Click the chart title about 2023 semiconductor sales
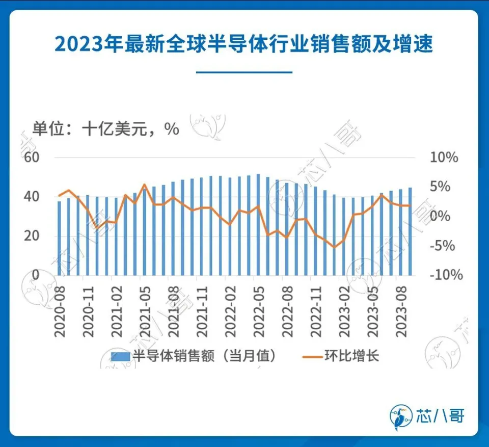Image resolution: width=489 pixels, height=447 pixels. click(244, 44)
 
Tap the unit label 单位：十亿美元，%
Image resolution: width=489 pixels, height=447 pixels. click(106, 128)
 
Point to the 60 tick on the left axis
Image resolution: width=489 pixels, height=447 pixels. click(32, 157)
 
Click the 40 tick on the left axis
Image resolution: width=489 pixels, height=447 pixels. click(32, 197)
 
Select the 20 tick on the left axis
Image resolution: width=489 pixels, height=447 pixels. click(32, 236)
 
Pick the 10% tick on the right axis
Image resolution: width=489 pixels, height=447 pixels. click(444, 157)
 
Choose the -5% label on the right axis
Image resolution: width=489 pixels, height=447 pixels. click(444, 246)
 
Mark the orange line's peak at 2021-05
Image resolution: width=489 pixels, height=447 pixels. click(145, 185)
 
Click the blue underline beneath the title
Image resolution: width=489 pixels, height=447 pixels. click(244, 72)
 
